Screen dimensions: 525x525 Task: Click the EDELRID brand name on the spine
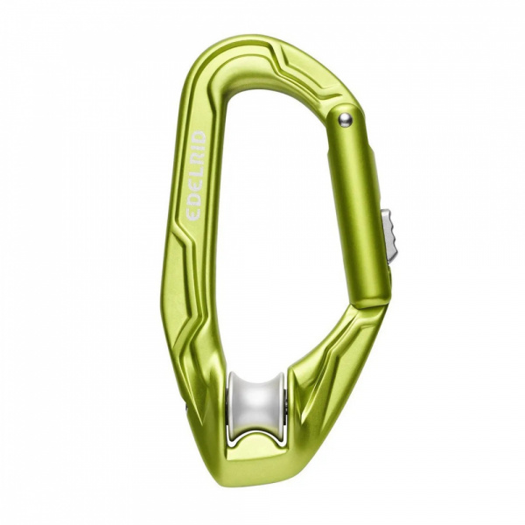[x=196, y=175]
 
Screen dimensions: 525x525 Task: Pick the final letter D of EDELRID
[x=199, y=138]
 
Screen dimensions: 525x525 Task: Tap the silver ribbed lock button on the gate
[x=389, y=235]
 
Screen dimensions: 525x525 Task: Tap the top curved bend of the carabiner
[x=254, y=48]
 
